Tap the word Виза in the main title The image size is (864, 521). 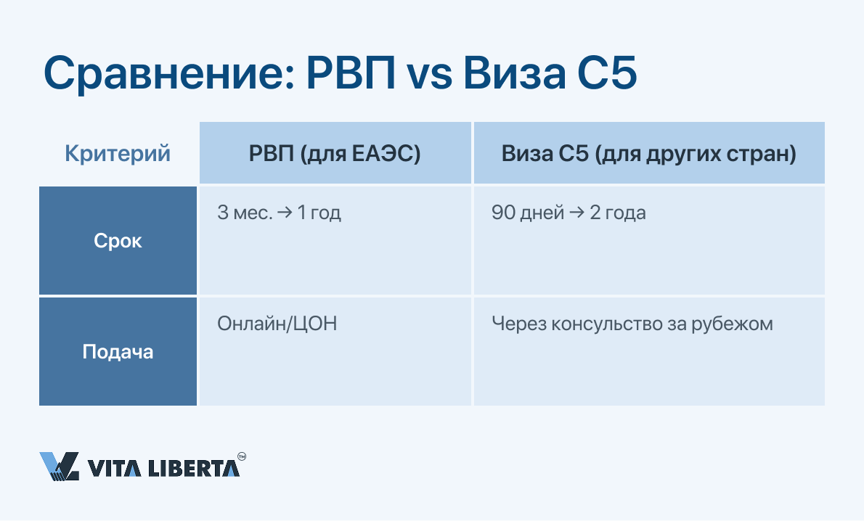point(514,73)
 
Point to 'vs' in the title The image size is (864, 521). point(429,78)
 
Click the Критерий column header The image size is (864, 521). point(118,153)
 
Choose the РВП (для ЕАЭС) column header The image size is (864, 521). point(335,153)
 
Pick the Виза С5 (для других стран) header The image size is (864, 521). point(649,154)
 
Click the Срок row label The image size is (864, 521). point(118,241)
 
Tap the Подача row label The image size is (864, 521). point(118,352)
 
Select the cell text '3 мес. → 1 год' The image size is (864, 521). point(279,213)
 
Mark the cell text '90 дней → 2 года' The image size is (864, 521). point(568,213)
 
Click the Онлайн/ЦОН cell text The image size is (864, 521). point(277,324)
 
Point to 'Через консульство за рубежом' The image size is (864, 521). point(632,324)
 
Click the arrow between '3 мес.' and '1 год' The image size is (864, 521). point(285,213)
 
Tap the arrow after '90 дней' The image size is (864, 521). point(576,213)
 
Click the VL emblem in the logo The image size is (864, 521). point(59,467)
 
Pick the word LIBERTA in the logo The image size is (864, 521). point(193,467)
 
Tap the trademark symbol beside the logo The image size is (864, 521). point(242,456)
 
